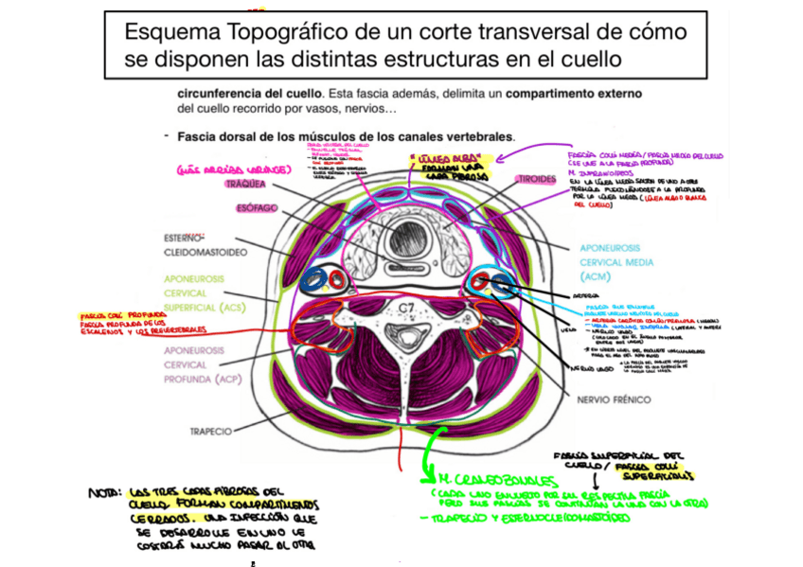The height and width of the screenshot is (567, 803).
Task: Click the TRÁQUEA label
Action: click(x=245, y=184)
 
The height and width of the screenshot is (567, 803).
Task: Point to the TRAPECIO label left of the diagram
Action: click(x=209, y=431)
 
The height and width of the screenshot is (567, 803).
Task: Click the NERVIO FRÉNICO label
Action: click(x=615, y=399)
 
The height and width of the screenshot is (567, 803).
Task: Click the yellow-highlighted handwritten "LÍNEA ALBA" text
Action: click(x=435, y=159)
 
